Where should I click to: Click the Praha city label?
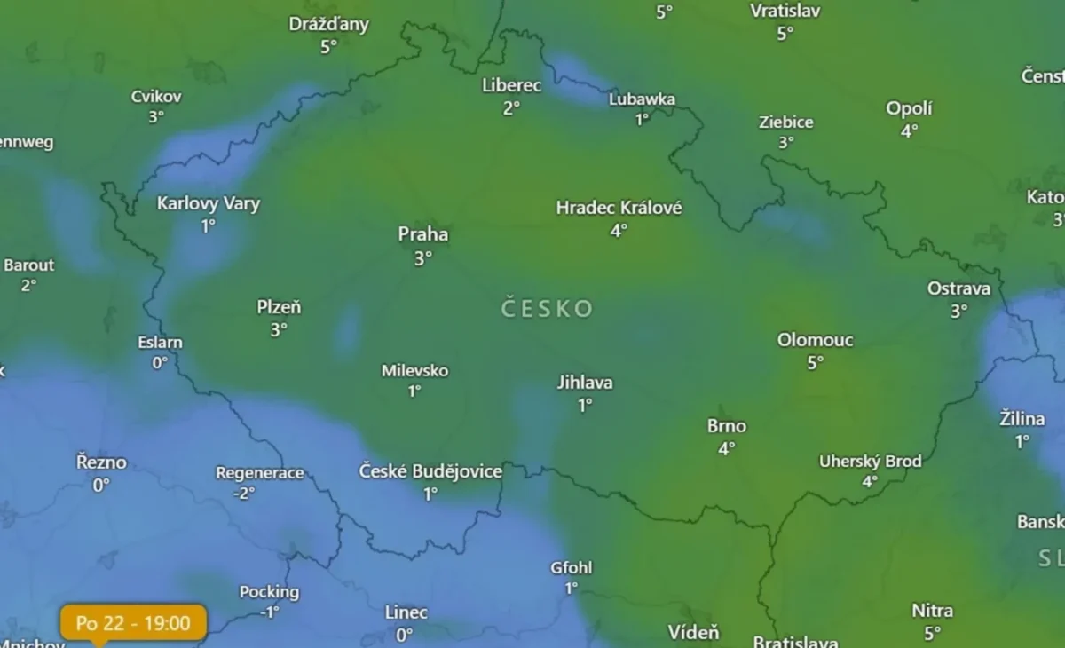[423, 235]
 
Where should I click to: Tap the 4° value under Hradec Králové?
[619, 230]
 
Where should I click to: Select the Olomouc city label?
[815, 340]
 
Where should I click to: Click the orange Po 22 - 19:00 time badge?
[134, 623]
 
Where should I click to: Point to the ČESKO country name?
[547, 309]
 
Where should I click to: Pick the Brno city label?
[727, 426]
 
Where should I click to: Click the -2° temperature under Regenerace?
[244, 493]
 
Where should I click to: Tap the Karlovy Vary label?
[209, 204]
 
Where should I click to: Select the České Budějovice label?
[430, 471]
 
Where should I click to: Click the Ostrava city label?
[958, 288]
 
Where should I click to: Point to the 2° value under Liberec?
[511, 108]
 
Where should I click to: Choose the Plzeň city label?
[279, 308]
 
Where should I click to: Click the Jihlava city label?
[585, 383]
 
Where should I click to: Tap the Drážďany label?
[328, 24]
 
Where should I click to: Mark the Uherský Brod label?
[870, 462]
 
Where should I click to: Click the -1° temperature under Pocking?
[269, 612]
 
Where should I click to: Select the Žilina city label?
[1022, 419]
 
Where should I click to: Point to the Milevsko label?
[414, 370]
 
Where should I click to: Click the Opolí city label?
[909, 108]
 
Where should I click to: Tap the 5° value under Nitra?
[932, 633]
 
